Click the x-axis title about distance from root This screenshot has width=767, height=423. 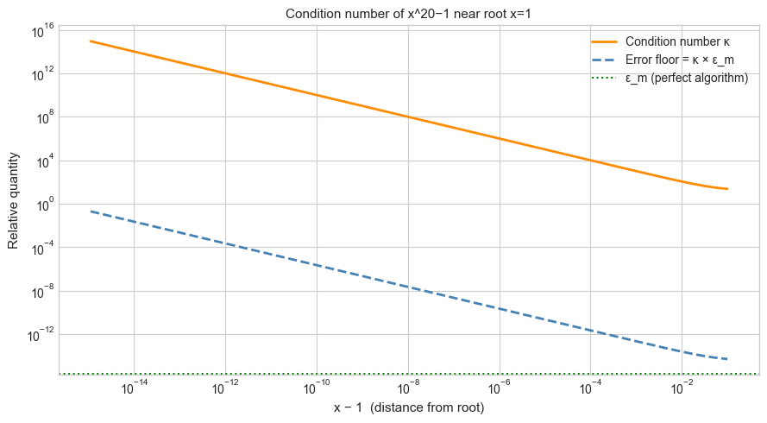409,407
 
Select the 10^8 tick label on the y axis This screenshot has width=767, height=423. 42,117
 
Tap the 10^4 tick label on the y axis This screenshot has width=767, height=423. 42,161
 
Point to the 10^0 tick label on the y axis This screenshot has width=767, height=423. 42,204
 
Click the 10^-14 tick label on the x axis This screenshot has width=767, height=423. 133,389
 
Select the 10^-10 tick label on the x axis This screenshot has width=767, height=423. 316,389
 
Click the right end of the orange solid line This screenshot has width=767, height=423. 727,189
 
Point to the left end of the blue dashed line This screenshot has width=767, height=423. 90,211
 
